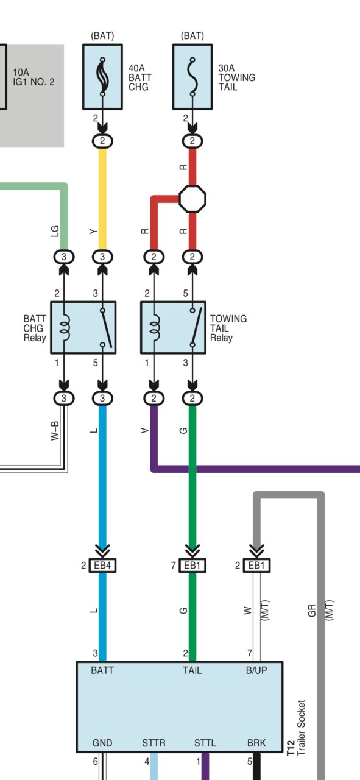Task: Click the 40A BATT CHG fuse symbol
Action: [102, 77]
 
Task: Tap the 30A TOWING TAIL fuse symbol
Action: [192, 77]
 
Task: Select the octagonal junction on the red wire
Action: [192, 199]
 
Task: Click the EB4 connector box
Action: [102, 565]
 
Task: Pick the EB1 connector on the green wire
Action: [192, 565]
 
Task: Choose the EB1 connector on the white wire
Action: [256, 565]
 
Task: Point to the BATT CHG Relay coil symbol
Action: [65, 327]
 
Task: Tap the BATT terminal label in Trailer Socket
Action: [102, 670]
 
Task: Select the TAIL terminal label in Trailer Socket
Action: [192, 670]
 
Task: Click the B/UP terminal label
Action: [256, 670]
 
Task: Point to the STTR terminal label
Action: [154, 743]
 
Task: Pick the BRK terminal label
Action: [256, 743]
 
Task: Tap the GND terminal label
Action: [102, 743]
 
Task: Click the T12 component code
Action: [291, 748]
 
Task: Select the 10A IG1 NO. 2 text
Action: [34, 77]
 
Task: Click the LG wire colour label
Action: [55, 232]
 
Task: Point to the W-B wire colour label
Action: [55, 431]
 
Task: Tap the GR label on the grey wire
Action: [312, 611]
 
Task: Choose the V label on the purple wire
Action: [145, 431]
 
